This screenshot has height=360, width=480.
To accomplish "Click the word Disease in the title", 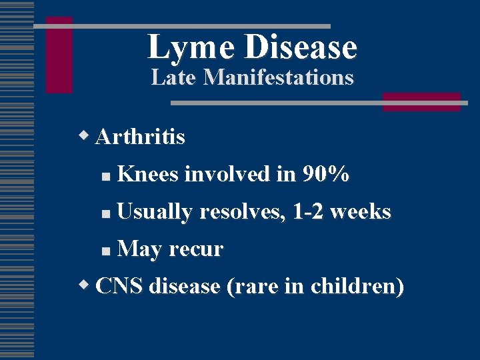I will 301,47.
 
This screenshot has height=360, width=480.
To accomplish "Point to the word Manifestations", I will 278,77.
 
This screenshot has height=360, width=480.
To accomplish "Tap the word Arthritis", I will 140,137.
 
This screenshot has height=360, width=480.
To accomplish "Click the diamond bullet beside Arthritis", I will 84,137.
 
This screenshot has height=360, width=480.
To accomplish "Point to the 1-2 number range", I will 309,212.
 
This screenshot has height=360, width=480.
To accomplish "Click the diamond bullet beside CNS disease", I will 84,285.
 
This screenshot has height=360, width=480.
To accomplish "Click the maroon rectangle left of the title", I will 59,55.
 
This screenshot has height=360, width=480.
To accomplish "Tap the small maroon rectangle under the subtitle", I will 421,101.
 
